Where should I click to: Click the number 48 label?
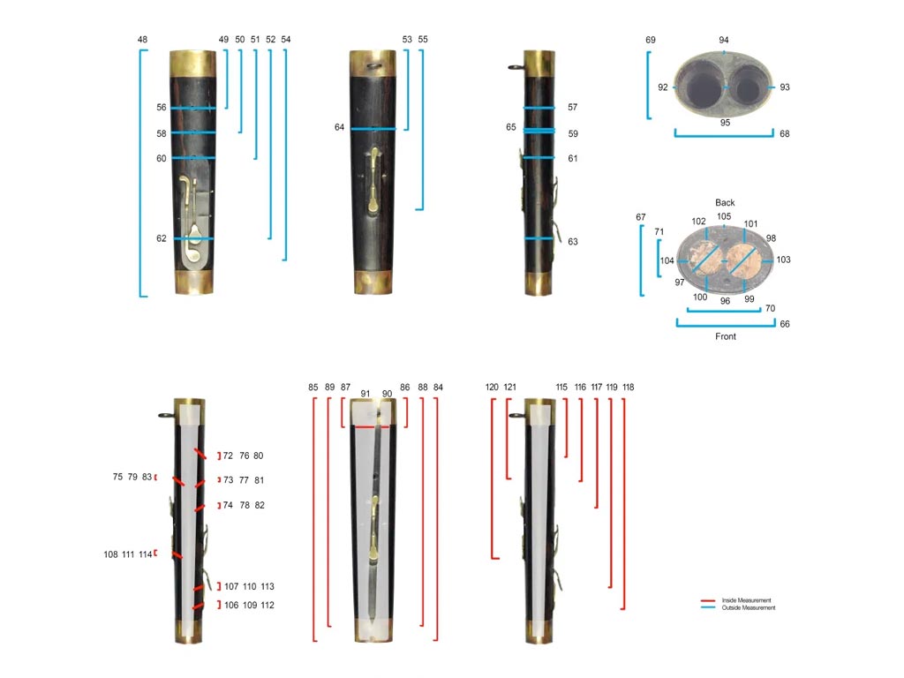click(x=142, y=40)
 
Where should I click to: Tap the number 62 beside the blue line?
click(x=162, y=238)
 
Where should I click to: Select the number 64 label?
click(x=339, y=128)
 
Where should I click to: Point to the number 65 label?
click(x=511, y=128)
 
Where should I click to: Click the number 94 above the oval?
click(x=724, y=41)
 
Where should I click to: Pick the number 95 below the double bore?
click(x=725, y=123)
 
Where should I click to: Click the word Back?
click(x=725, y=202)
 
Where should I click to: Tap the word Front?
click(x=725, y=336)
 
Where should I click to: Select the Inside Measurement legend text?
click(x=748, y=600)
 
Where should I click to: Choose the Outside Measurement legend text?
click(x=750, y=607)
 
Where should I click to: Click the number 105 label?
click(x=724, y=216)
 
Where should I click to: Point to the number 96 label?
click(x=725, y=301)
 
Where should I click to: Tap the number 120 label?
click(x=493, y=388)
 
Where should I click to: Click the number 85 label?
click(x=313, y=388)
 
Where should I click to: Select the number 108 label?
click(x=110, y=554)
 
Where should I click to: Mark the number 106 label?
click(x=231, y=606)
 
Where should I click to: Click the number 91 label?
click(x=365, y=394)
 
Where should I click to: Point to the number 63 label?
click(x=573, y=241)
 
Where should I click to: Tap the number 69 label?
click(x=651, y=41)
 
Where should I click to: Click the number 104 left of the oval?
click(x=667, y=261)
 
